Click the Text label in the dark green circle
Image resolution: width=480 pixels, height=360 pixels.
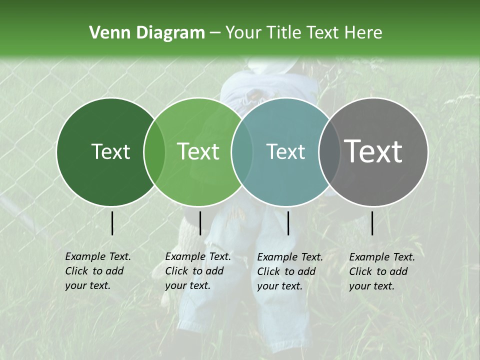point(110,151)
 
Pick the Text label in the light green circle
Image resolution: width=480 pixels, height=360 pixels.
point(198,151)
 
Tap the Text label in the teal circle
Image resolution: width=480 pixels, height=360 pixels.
point(285,151)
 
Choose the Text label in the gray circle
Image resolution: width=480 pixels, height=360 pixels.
point(373,151)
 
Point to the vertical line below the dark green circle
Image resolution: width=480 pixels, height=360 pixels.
point(112,223)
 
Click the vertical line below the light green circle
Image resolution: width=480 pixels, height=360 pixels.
point(200,223)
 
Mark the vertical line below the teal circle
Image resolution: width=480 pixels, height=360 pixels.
point(288,223)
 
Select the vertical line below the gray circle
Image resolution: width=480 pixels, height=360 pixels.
point(372,223)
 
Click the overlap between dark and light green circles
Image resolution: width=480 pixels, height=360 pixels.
point(154,151)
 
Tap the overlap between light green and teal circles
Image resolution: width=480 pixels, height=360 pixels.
point(242,151)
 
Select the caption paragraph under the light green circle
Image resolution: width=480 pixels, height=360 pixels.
point(197,271)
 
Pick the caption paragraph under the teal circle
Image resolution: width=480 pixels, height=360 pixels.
point(289,271)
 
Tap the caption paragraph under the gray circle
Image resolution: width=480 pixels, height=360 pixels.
point(381,271)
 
